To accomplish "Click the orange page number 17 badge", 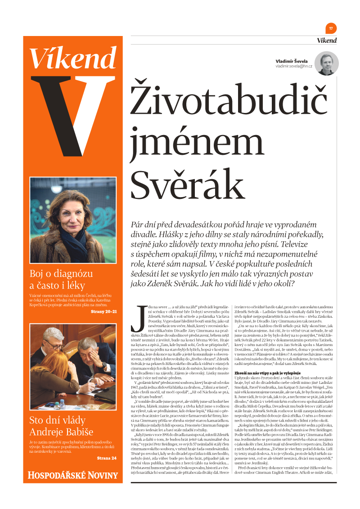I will pyautogui.click(x=331, y=28).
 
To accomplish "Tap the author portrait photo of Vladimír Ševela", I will pyautogui.click(x=326, y=63).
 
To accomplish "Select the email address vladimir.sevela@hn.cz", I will pyautogui.click(x=294, y=67).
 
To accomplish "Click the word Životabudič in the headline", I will pyautogui.click(x=222, y=99).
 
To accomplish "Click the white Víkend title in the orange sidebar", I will pyautogui.click(x=73, y=57).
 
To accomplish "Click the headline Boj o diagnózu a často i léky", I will pyautogui.click(x=61, y=279).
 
